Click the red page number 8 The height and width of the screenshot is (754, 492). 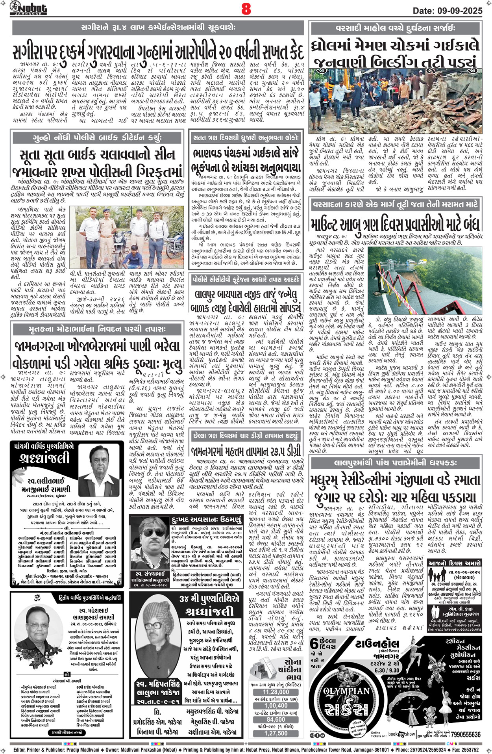coord(246,9)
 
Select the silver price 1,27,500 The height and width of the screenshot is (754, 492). coord(276,733)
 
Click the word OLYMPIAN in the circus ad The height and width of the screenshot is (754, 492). coord(346,691)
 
